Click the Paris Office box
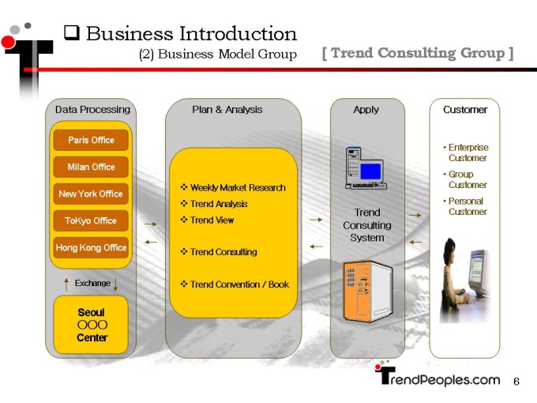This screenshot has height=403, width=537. tap(91, 140)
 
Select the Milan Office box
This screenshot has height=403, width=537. tap(91, 167)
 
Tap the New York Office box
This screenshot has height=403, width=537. tap(91, 194)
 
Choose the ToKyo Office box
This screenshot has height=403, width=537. tap(91, 220)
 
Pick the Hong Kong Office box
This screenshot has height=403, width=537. tap(91, 247)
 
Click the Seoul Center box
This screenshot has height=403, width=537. tap(91, 325)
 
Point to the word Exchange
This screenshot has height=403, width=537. tap(92, 283)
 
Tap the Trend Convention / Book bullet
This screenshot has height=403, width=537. tap(235, 284)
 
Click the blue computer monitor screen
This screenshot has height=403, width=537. tap(370, 171)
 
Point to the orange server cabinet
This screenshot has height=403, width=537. tap(367, 292)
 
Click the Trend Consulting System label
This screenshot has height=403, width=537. tap(367, 225)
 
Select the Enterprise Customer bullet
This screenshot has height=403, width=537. tap(466, 153)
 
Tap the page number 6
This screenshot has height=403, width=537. tap(516, 382)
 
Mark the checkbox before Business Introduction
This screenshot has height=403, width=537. tap(72, 33)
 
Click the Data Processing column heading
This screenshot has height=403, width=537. tap(92, 110)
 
